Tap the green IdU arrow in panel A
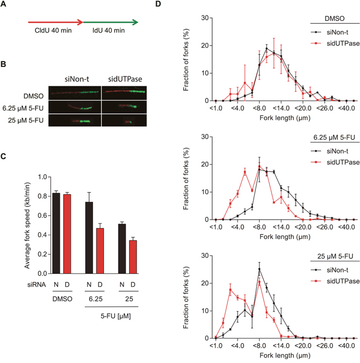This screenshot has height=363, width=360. [110, 23]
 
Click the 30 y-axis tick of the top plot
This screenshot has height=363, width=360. [205, 18]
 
